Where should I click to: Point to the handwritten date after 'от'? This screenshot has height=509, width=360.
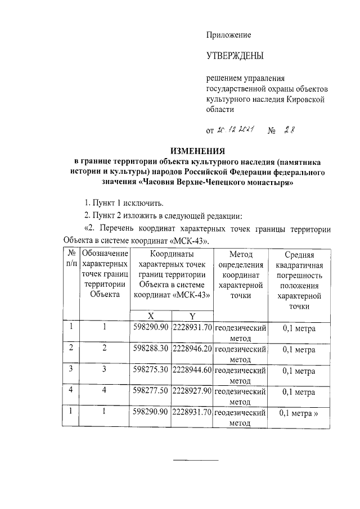pyautogui.click(x=236, y=131)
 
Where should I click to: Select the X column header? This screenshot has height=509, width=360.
pyautogui.click(x=151, y=316)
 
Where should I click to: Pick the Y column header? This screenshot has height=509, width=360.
pyautogui.click(x=192, y=316)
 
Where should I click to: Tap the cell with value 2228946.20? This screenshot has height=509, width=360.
pyautogui.click(x=192, y=349)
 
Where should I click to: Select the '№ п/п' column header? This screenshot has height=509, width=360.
pyautogui.click(x=71, y=259)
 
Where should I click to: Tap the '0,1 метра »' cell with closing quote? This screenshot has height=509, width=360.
pyautogui.click(x=299, y=413)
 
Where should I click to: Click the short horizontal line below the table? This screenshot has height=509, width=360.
pyautogui.click(x=195, y=460)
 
